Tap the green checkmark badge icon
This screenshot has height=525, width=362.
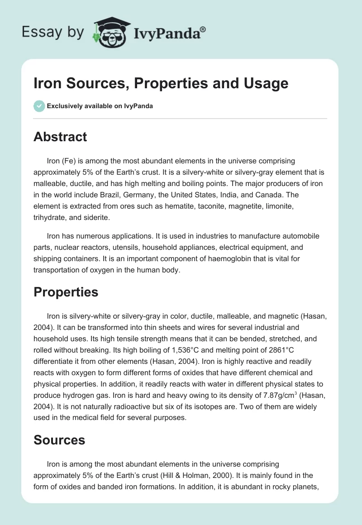click(x=39, y=106)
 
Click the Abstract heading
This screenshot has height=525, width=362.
click(x=60, y=137)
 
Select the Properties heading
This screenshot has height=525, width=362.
click(x=66, y=292)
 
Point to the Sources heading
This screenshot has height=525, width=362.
click(x=59, y=439)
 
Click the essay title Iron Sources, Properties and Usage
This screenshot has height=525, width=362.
click(x=161, y=83)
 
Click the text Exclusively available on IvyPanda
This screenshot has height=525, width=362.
click(x=100, y=106)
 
